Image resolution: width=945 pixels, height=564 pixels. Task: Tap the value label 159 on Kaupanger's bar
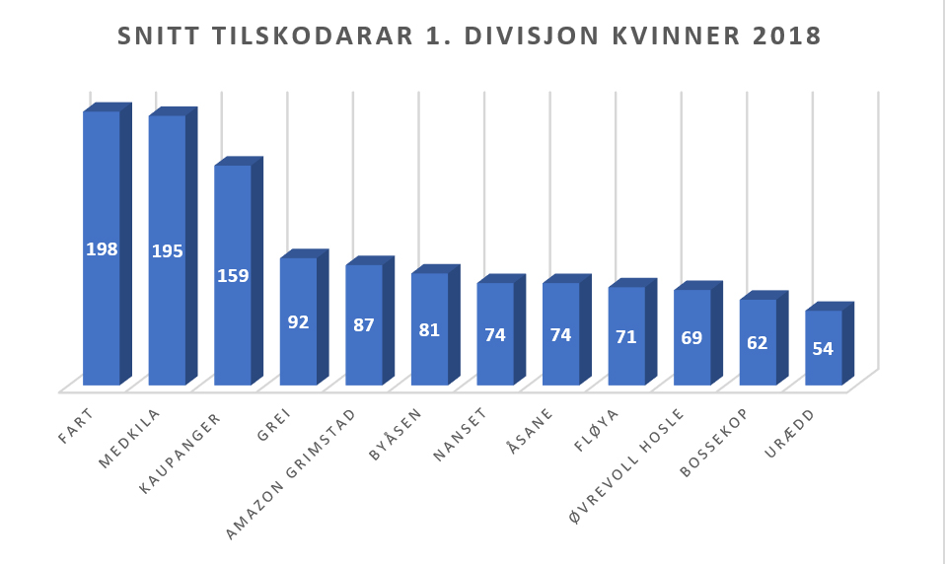[233, 276]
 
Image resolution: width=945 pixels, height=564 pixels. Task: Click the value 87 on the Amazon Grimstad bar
[364, 324]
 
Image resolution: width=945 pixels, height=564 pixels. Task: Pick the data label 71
[625, 337]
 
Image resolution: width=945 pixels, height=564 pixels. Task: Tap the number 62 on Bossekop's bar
[758, 343]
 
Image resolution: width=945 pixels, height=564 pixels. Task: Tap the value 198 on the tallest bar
[102, 249]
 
